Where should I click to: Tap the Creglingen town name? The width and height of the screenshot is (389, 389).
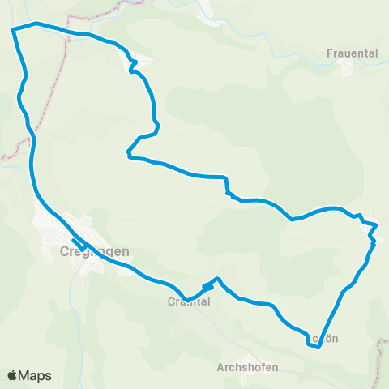point(95,252)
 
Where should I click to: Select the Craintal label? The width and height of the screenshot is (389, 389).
point(189,301)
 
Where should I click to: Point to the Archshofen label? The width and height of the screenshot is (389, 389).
point(247,367)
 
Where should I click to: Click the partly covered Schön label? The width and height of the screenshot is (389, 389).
point(322,338)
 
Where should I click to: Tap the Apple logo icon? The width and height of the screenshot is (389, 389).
point(12,375)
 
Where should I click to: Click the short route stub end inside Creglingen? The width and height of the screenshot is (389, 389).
point(74,241)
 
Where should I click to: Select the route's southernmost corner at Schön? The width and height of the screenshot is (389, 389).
point(318,348)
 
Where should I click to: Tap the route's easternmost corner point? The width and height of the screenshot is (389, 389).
point(377,224)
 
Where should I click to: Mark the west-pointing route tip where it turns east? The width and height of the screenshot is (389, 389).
point(127,152)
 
